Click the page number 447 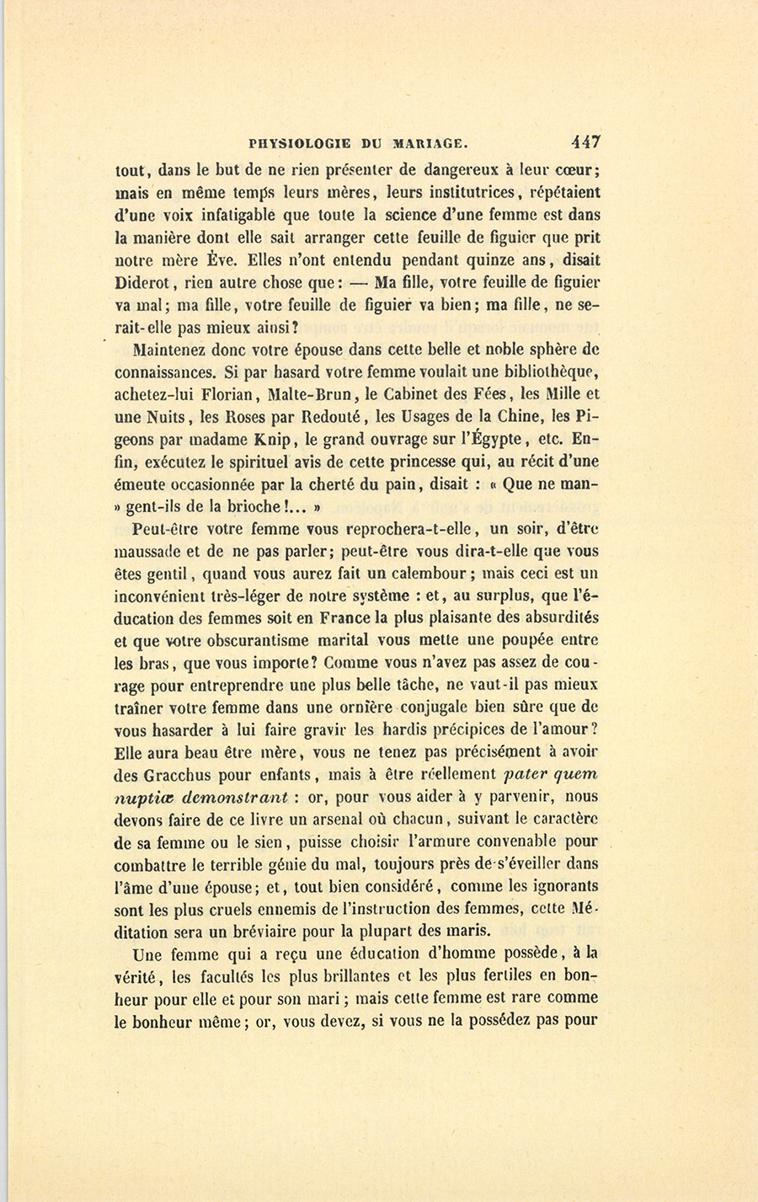pos(584,142)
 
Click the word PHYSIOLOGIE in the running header pos(305,143)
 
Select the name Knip pos(275,439)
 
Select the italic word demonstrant pos(235,797)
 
